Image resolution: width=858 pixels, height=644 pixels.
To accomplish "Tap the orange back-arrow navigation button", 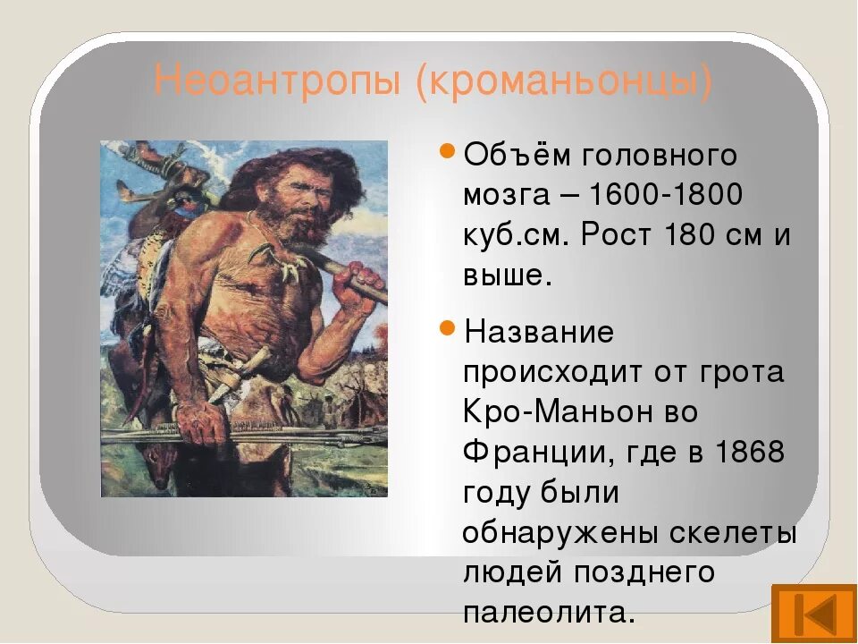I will click(x=813, y=614).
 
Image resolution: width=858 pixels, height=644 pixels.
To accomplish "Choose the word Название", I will click(x=539, y=333).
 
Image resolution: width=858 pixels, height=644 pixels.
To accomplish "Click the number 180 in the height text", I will click(x=694, y=234).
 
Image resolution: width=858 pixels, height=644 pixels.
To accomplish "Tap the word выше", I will click(x=502, y=275).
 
